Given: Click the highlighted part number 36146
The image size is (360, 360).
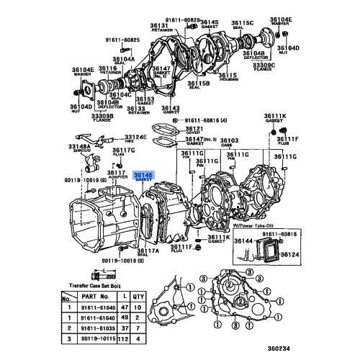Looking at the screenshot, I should click(x=144, y=175).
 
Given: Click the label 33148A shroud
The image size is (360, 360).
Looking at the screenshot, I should click(x=79, y=145).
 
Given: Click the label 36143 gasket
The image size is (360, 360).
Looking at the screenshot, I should click(x=171, y=107).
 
